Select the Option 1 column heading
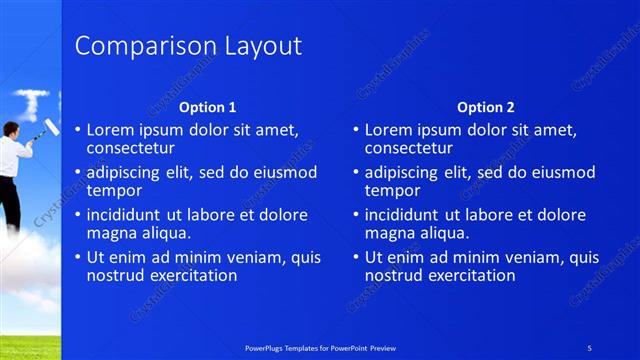click(x=207, y=107)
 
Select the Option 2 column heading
click(x=485, y=107)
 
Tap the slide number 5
click(x=590, y=347)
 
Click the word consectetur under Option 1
click(x=132, y=148)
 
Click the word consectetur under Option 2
click(x=410, y=148)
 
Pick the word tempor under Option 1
click(x=114, y=190)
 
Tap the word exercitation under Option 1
click(x=191, y=275)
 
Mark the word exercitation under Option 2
click(x=469, y=275)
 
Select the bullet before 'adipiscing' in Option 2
click(x=356, y=173)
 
